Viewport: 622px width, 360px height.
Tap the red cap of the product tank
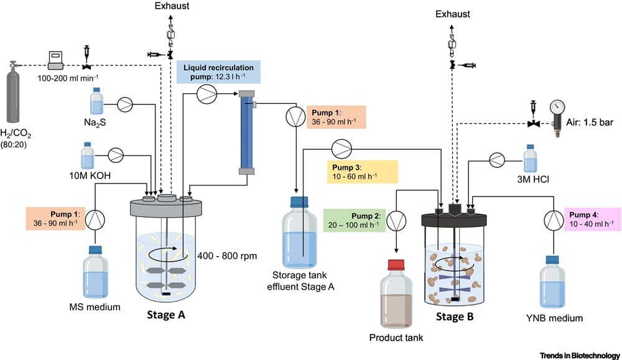(x=397, y=264)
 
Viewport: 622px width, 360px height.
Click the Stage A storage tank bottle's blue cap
(x=300, y=201)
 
